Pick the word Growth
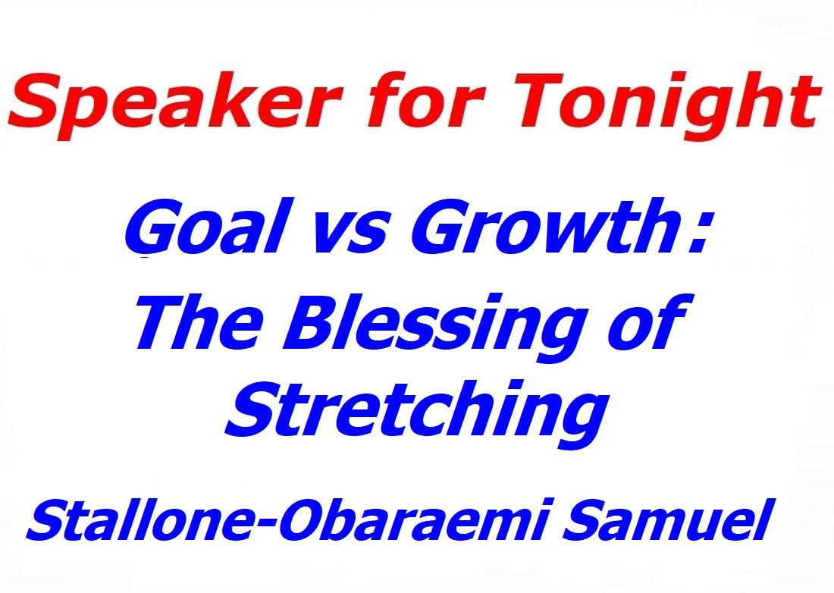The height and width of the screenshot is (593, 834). click(x=544, y=225)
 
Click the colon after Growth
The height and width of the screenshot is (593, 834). click(x=698, y=234)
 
